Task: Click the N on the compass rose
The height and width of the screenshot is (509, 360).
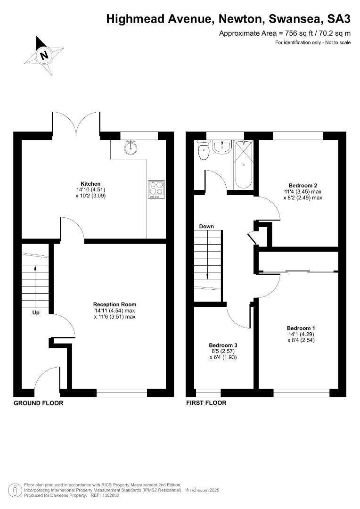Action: [44, 55]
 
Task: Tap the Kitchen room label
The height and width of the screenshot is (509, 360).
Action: [90, 184]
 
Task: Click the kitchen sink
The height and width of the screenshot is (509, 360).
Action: [131, 148]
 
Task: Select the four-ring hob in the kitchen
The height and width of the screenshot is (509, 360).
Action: [156, 189]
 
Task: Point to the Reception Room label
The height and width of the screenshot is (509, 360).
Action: [115, 304]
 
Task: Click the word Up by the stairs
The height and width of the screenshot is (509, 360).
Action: [36, 312]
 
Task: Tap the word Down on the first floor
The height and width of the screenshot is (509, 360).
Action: [206, 226]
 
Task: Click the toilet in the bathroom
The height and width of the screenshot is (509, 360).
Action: [204, 150]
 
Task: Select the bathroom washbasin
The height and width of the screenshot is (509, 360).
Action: [222, 147]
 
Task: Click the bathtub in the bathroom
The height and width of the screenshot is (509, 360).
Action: [243, 164]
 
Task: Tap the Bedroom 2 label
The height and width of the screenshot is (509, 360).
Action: [303, 186]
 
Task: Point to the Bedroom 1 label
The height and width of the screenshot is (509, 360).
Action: [301, 328]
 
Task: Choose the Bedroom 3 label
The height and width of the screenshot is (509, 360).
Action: [223, 345]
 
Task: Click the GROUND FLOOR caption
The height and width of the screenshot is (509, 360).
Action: [38, 403]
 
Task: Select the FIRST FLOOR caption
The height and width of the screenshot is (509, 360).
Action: [206, 403]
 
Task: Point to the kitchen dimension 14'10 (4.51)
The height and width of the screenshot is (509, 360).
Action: [90, 189]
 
